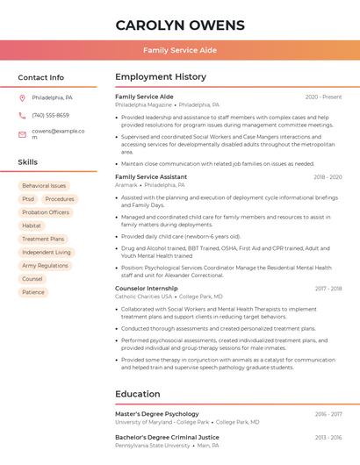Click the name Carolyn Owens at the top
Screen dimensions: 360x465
tap(180, 24)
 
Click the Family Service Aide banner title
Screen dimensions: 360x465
tap(180, 50)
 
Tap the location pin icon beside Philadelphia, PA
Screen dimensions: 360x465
tap(22, 97)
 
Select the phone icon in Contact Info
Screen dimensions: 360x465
tap(22, 115)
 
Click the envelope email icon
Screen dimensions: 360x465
tap(22, 134)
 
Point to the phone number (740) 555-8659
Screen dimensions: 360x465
tap(50, 115)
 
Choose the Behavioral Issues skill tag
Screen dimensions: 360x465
tap(44, 186)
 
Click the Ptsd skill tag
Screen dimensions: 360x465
tap(28, 199)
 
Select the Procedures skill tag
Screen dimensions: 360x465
tap(60, 199)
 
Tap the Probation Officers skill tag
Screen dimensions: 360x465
tap(46, 212)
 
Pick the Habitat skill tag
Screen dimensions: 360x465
tap(32, 225)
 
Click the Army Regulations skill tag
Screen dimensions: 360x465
tap(45, 265)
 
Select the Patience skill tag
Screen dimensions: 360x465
tap(33, 292)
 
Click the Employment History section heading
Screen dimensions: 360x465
tap(161, 77)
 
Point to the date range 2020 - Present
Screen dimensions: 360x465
tap(323, 97)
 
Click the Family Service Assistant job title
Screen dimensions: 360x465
tap(151, 177)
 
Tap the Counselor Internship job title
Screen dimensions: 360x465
tap(147, 289)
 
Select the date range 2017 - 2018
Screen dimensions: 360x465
tap(328, 289)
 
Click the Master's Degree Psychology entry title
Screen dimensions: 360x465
tap(157, 413)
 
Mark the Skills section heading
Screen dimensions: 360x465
tap(28, 162)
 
